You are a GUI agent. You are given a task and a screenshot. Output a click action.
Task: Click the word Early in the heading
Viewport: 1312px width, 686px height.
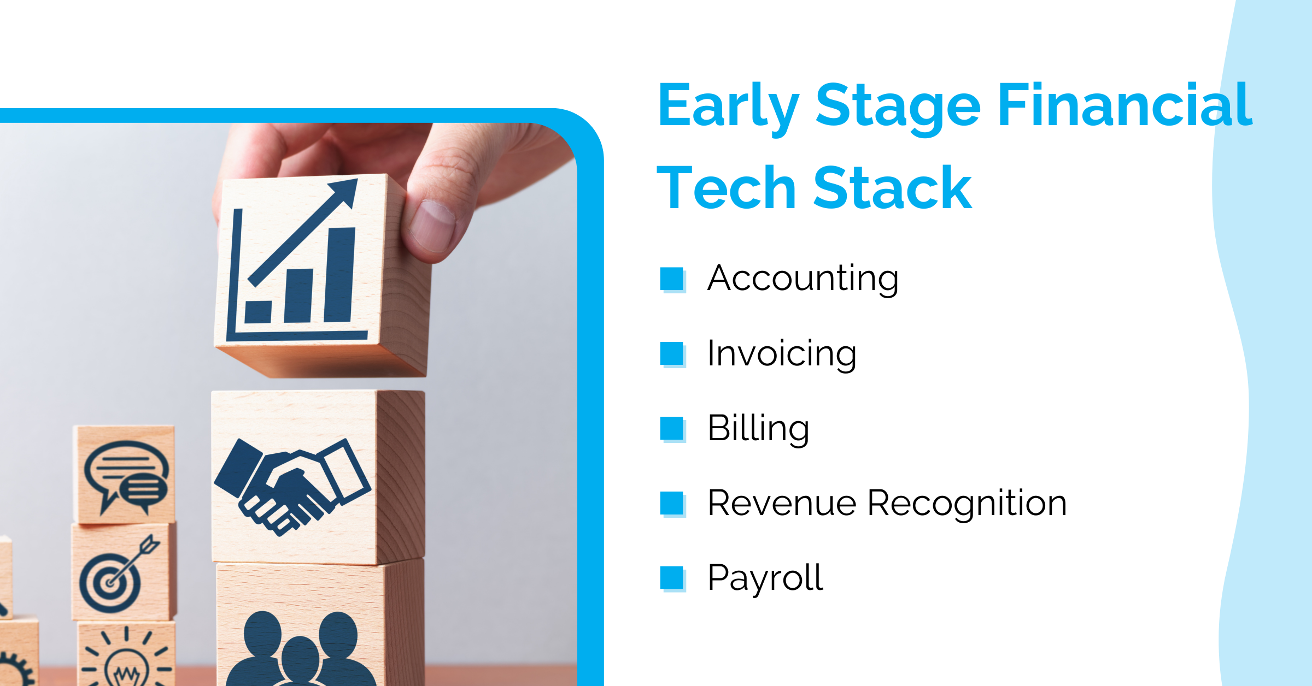(729, 108)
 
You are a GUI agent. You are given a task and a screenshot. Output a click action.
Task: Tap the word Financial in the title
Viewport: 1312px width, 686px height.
(1125, 104)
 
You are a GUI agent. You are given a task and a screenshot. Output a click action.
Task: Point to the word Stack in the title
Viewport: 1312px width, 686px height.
(893, 187)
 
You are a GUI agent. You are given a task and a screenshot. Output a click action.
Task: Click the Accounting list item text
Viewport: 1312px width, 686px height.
(803, 279)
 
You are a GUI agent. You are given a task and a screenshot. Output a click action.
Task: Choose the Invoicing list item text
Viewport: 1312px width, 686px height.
(782, 354)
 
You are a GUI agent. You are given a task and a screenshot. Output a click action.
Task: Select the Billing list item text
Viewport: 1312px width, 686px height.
(758, 429)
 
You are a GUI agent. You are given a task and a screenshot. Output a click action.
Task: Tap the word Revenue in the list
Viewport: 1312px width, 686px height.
(782, 502)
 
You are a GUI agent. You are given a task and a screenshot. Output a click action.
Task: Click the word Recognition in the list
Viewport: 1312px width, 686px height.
(967, 504)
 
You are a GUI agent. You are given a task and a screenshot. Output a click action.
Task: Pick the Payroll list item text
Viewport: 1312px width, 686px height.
(765, 578)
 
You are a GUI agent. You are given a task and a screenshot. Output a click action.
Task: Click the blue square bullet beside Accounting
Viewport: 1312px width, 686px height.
(672, 279)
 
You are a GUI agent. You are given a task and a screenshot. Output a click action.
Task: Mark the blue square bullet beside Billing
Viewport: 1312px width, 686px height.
(672, 429)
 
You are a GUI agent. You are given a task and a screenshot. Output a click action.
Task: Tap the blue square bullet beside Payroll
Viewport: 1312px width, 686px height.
(672, 579)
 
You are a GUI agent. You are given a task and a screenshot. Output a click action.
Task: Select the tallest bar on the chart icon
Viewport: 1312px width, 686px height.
(339, 275)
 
